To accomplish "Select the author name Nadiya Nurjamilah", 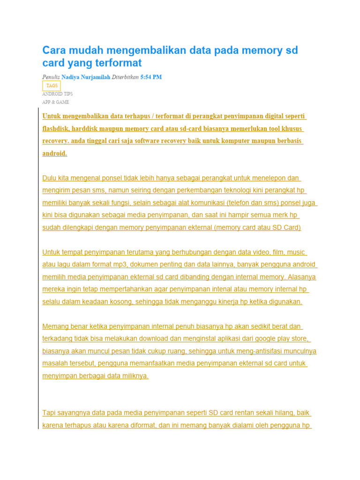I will tap(86, 77).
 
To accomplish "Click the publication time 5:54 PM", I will tap(151, 77).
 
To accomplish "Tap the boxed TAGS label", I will tap(52, 86).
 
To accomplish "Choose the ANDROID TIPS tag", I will tap(57, 94).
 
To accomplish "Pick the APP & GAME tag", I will tap(56, 102).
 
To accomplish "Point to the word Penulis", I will tap(51, 77).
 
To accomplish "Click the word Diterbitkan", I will tap(125, 77).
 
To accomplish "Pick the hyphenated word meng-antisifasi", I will tap(249, 351).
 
